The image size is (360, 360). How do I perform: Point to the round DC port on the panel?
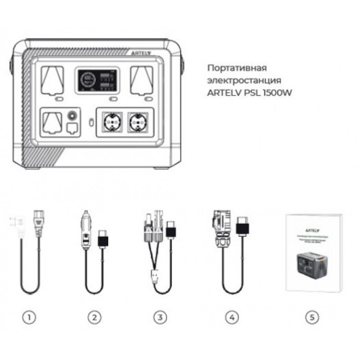click(x=71, y=115)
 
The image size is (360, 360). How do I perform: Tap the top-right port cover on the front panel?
click(x=141, y=80)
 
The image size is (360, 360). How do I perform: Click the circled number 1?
click(x=28, y=316)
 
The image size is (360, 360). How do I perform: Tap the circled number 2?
click(x=94, y=316)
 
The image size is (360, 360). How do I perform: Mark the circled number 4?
click(x=230, y=316)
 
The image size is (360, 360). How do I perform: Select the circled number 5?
click(x=310, y=316)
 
